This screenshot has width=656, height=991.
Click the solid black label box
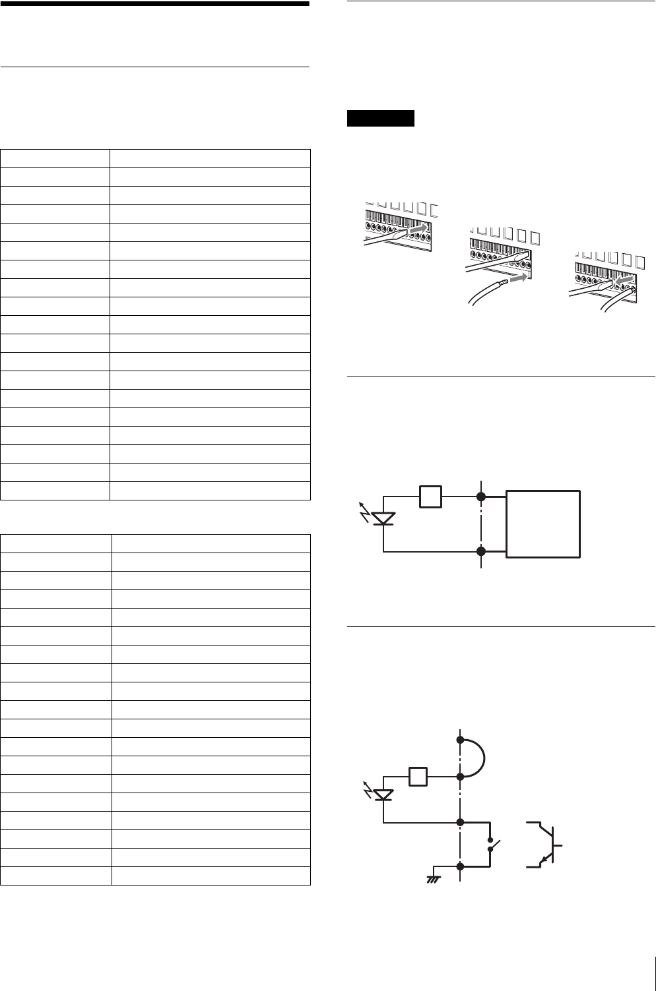[380, 119]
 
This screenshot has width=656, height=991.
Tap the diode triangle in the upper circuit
[383, 518]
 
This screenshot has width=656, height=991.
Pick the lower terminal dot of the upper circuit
[482, 551]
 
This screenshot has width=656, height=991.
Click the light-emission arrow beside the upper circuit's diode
[364, 508]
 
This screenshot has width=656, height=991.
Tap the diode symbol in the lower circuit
[383, 795]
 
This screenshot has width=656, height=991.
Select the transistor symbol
[546, 843]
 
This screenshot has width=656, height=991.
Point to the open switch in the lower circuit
[492, 844]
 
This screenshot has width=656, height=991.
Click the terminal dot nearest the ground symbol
[460, 866]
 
